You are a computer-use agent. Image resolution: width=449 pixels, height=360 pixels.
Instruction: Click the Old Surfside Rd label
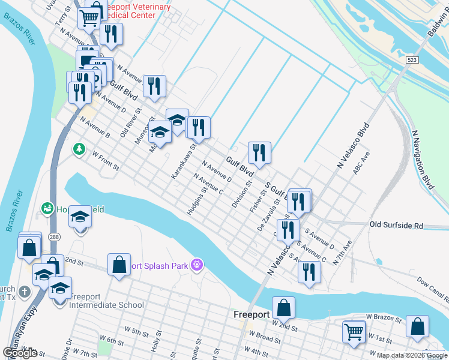point(396,226)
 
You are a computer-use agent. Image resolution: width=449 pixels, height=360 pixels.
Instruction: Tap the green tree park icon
point(79,148)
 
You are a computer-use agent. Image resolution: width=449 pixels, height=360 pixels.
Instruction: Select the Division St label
point(241,193)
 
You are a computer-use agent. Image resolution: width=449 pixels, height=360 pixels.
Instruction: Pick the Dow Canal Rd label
point(432,289)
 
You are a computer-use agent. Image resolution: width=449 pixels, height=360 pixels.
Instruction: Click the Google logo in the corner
point(20,353)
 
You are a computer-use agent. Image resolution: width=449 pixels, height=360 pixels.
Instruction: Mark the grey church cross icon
point(23,292)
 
